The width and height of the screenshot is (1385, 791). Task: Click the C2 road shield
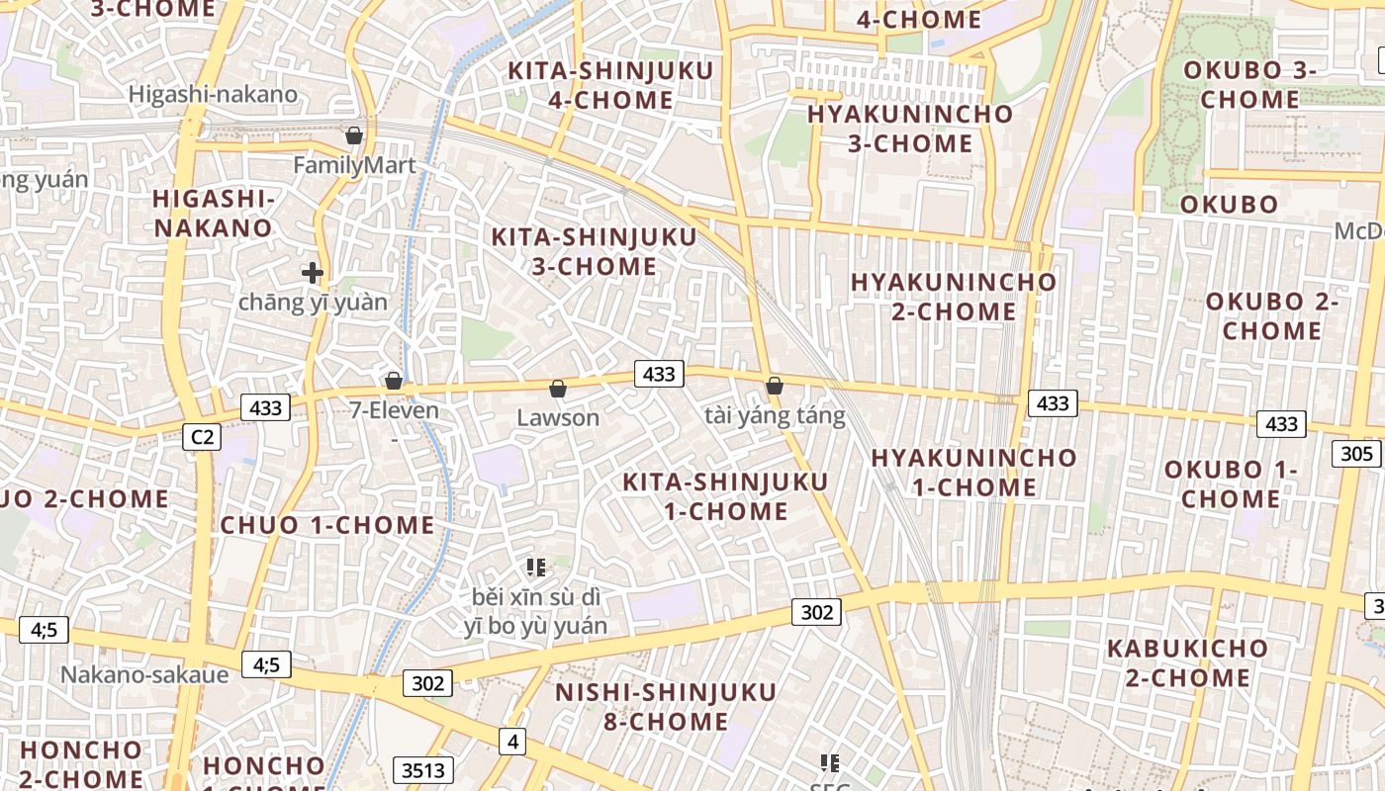pyautogui.click(x=202, y=437)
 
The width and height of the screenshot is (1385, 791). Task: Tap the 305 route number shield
pyautogui.click(x=1357, y=453)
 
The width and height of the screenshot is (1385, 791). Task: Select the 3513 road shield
pyautogui.click(x=423, y=770)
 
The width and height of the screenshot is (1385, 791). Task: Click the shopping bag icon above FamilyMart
pyautogui.click(x=354, y=135)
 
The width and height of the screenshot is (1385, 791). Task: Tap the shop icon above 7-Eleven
pyautogui.click(x=394, y=381)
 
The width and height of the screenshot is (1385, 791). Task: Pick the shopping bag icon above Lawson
pyautogui.click(x=558, y=389)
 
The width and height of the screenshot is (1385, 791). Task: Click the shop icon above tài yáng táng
pyautogui.click(x=775, y=386)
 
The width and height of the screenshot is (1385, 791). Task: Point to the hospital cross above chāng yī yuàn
pyautogui.click(x=313, y=272)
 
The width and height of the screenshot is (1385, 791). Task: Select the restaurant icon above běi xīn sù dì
pyautogui.click(x=536, y=568)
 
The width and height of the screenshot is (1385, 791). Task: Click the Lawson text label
pyautogui.click(x=558, y=417)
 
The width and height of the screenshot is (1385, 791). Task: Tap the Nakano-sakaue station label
pyautogui.click(x=144, y=674)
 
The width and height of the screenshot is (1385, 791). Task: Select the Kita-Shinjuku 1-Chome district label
pyautogui.click(x=725, y=496)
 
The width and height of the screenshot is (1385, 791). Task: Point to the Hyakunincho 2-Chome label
pyautogui.click(x=954, y=296)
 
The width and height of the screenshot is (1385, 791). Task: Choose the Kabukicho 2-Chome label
pyautogui.click(x=1187, y=662)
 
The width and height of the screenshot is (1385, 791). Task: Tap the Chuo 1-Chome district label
pyautogui.click(x=327, y=525)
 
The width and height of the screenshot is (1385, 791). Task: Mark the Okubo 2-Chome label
pyautogui.click(x=1271, y=315)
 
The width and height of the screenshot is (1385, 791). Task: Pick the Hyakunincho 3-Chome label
pyautogui.click(x=910, y=128)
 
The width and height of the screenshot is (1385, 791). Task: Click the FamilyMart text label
pyautogui.click(x=354, y=165)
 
